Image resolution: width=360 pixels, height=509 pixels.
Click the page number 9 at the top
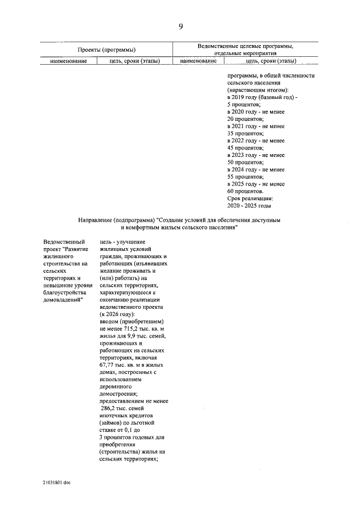(x=180, y=26)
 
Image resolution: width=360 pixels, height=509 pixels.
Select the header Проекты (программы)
(x=107, y=50)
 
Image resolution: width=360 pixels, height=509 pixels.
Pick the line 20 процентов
(x=245, y=119)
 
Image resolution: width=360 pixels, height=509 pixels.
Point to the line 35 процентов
(x=245, y=134)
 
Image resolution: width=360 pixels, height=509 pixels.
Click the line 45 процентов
(x=245, y=148)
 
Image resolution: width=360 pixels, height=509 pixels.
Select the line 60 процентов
(x=245, y=191)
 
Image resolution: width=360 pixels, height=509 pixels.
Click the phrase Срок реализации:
(x=250, y=199)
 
